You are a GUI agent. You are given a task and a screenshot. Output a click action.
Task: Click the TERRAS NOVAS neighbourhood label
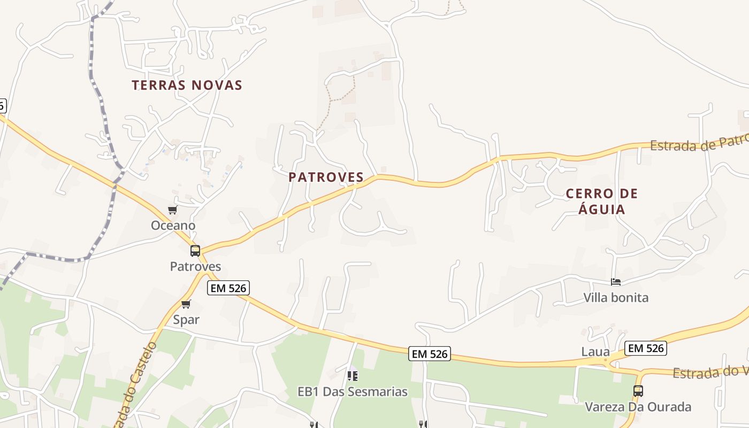[187, 85]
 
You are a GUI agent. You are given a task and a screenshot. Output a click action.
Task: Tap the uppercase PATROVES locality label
[326, 177]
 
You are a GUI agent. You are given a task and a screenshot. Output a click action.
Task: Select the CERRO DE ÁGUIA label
[602, 201]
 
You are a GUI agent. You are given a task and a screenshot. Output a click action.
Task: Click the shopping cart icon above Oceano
[172, 210]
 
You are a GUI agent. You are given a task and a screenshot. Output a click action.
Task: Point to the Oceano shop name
[173, 225]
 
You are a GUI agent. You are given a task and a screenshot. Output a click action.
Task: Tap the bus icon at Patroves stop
[195, 250]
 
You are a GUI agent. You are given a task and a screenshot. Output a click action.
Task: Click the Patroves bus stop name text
[195, 266]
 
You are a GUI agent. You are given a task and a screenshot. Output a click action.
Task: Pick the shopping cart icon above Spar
[186, 304]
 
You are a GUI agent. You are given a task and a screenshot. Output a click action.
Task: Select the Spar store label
[186, 319]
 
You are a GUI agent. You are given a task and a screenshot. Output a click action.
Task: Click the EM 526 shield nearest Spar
[228, 288]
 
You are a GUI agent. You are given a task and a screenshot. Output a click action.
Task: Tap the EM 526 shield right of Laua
[646, 348]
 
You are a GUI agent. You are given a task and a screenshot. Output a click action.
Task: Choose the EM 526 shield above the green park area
[430, 354]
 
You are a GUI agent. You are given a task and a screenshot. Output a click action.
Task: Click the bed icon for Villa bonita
[616, 282]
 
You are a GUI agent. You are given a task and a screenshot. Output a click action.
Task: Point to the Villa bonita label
[616, 297]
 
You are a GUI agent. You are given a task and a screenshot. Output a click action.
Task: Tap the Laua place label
[595, 351]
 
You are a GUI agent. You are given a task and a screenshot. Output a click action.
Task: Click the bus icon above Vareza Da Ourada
[638, 391]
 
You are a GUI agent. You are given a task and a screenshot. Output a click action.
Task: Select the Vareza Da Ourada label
[638, 407]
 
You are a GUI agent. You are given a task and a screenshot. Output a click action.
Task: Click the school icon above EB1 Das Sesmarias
[352, 376]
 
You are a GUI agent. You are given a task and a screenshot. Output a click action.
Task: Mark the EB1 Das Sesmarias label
[353, 392]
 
